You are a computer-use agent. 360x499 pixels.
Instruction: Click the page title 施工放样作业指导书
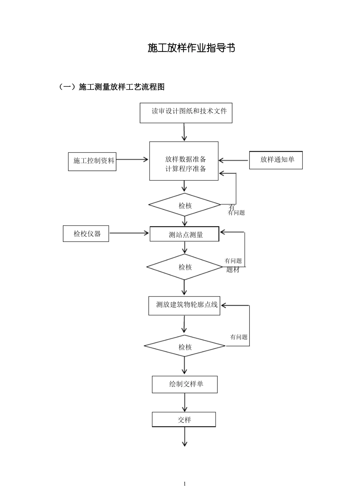pyautogui.click(x=191, y=48)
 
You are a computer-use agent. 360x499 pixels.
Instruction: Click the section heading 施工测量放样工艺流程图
pyautogui.click(x=121, y=87)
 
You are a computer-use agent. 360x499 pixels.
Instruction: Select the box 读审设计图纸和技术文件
pyautogui.click(x=186, y=113)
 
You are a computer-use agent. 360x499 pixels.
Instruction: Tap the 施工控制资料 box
pyautogui.click(x=92, y=161)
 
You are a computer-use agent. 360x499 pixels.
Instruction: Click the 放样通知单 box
pyautogui.click(x=276, y=160)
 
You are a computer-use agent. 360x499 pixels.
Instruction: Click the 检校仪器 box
pyautogui.click(x=86, y=234)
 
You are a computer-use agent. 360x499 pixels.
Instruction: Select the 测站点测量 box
pyautogui.click(x=185, y=234)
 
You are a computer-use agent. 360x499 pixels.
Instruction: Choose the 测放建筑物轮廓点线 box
pyautogui.click(x=184, y=305)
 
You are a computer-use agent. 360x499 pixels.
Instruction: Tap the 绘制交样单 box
pyautogui.click(x=185, y=384)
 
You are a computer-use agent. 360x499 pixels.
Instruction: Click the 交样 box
pyautogui.click(x=184, y=419)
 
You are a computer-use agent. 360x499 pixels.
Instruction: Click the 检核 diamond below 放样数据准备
pyautogui.click(x=185, y=205)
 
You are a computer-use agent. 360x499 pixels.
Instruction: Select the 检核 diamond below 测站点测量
pyautogui.click(x=185, y=267)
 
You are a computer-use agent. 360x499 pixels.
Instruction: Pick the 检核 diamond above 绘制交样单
pyautogui.click(x=185, y=346)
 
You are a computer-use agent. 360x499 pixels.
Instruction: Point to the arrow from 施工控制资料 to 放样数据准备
pyautogui.click(x=132, y=160)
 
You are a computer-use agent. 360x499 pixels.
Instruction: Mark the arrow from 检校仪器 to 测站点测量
pyautogui.click(x=129, y=233)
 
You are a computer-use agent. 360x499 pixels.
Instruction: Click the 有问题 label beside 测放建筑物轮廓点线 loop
pyautogui.click(x=239, y=337)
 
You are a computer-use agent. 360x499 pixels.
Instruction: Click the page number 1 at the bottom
pyautogui.click(x=185, y=483)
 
